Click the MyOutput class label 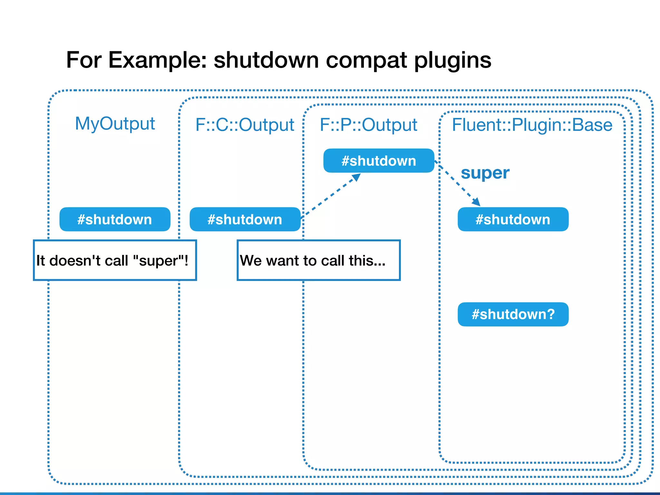[x=115, y=124]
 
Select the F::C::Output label [x=245, y=125]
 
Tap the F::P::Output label [x=368, y=125]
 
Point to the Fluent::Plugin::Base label [x=532, y=125]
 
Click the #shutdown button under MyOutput [x=115, y=219]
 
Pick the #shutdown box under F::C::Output [x=245, y=219]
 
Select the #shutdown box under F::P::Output [x=379, y=161]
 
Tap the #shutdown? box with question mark [x=513, y=314]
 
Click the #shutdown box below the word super [x=513, y=219]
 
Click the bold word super [x=485, y=173]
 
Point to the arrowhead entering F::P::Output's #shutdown [x=356, y=177]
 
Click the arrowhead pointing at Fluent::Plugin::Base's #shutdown [x=476, y=202]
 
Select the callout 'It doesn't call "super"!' [x=115, y=260]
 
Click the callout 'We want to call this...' [x=318, y=260]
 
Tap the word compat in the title [x=367, y=60]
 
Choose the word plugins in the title [x=452, y=60]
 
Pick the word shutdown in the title [x=266, y=60]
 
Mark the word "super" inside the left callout [x=158, y=260]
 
